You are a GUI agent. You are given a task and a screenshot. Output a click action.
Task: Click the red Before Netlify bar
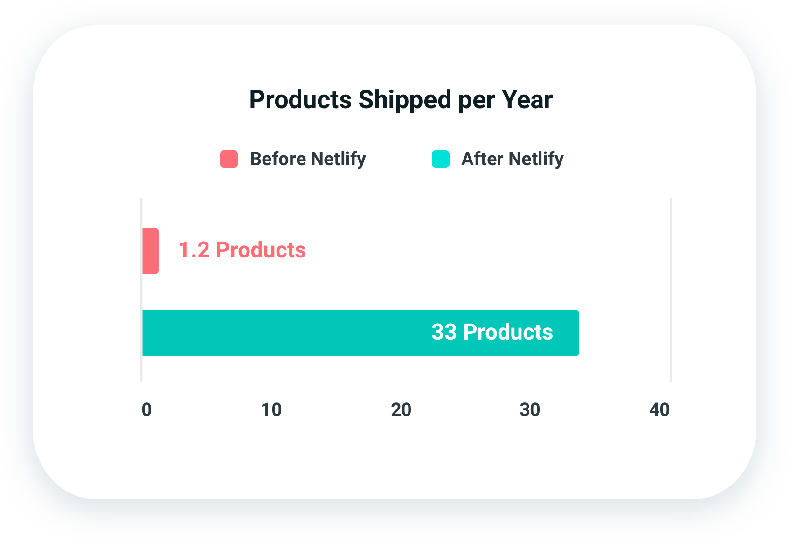(x=150, y=251)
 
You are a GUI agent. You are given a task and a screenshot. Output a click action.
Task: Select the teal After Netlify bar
(x=326, y=333)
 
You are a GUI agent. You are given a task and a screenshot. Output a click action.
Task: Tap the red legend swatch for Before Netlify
(x=229, y=159)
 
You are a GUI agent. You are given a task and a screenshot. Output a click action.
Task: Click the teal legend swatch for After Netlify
(x=441, y=159)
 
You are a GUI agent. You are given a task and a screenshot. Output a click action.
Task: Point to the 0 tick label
(x=146, y=410)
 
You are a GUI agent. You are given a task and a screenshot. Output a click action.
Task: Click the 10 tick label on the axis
(x=271, y=410)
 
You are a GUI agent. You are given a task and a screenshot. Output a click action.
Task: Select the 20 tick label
(x=401, y=410)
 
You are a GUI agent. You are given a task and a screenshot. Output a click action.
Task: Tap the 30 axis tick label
(x=530, y=410)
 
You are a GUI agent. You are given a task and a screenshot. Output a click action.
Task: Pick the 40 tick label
(x=659, y=410)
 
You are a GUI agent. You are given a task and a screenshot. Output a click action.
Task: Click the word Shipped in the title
(x=405, y=100)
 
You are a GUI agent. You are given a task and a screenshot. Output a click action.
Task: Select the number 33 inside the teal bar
(x=444, y=332)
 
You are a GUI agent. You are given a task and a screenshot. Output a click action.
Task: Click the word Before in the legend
(x=278, y=159)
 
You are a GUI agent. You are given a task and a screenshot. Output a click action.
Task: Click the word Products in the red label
(x=261, y=250)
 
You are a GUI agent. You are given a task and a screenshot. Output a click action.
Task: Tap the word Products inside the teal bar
(x=508, y=332)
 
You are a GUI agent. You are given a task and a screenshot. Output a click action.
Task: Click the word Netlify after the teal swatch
(x=536, y=159)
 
